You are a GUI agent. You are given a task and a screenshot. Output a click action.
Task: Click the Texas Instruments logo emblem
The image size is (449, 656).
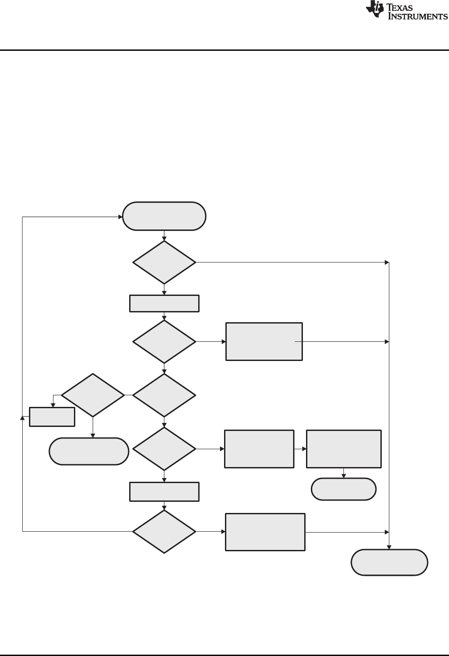click(x=375, y=10)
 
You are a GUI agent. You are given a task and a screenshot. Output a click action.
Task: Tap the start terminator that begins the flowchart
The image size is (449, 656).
click(x=164, y=216)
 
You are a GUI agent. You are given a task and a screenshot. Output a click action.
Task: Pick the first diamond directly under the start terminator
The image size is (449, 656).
click(x=164, y=262)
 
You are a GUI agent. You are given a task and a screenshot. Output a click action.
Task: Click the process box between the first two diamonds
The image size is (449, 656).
click(x=164, y=303)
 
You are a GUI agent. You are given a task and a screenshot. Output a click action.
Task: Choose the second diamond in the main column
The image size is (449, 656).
click(x=164, y=341)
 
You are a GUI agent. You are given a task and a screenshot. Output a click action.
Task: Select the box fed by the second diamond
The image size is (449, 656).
click(x=264, y=341)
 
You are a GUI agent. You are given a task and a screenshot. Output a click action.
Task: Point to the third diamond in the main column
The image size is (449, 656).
click(x=164, y=395)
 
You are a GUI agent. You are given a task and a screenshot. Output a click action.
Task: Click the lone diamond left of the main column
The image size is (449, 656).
click(x=93, y=395)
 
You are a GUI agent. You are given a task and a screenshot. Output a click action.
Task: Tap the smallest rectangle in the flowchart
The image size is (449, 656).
click(x=52, y=417)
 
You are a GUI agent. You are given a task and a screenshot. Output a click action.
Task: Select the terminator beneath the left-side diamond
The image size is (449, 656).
click(x=89, y=451)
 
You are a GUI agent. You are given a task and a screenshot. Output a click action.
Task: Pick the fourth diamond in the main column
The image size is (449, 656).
click(x=164, y=449)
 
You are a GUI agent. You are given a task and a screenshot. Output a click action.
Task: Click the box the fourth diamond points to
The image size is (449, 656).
click(x=259, y=449)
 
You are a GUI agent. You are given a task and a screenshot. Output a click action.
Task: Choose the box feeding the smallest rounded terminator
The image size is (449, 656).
click(x=343, y=449)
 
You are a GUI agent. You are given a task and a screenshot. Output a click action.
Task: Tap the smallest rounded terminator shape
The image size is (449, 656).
click(x=343, y=489)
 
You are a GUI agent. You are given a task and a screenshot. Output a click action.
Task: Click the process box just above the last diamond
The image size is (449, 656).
click(x=164, y=492)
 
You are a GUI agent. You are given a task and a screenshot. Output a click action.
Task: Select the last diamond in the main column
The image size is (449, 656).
click(x=164, y=532)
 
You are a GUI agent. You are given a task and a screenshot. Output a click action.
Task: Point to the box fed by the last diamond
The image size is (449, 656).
click(x=265, y=532)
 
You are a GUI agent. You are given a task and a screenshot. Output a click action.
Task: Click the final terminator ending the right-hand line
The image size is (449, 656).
click(x=389, y=563)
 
